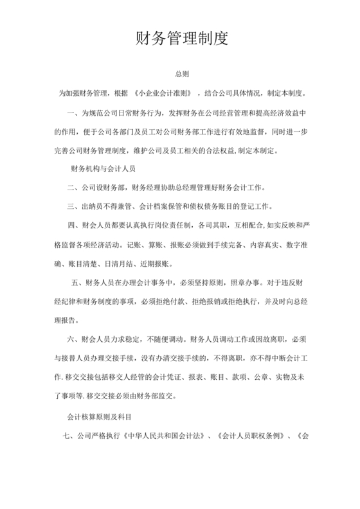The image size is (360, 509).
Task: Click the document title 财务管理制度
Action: [x=181, y=39]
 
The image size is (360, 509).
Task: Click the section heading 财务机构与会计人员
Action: [x=101, y=169]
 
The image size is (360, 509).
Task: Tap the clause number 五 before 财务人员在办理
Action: [x=75, y=282]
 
